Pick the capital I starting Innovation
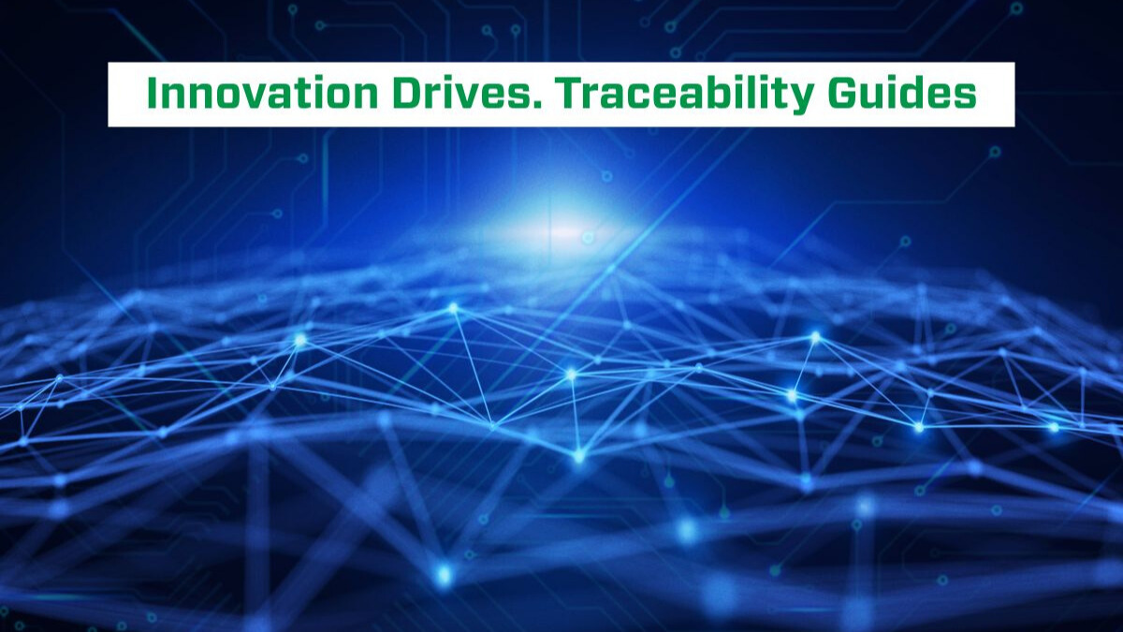(x=152, y=95)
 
